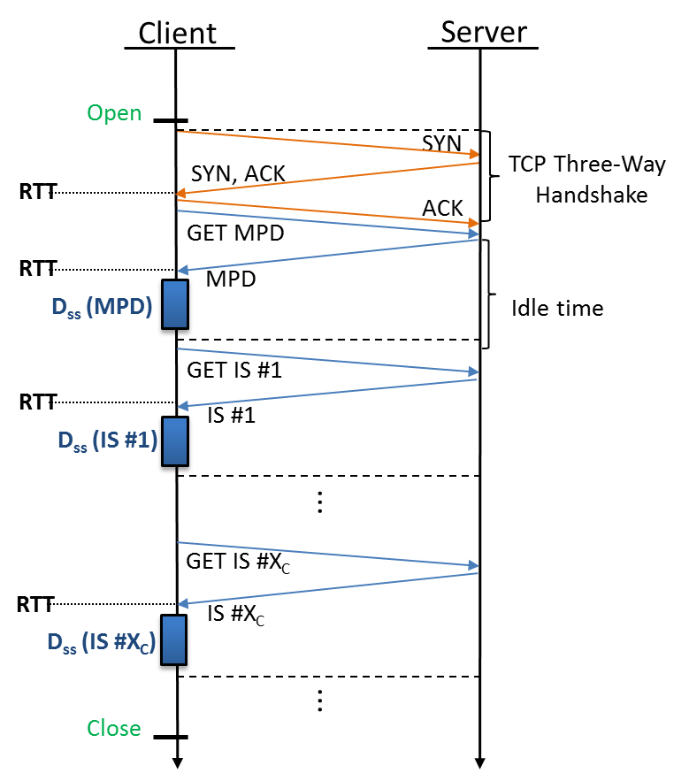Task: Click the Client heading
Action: point(177,33)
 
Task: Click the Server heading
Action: point(484,33)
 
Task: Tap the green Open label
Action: point(114,113)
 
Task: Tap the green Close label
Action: point(114,728)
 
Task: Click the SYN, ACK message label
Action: point(239,173)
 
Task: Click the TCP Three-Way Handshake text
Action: point(579,179)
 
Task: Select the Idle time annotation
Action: point(557,309)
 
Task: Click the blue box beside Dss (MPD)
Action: point(175,304)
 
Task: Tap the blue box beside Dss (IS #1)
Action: point(175,440)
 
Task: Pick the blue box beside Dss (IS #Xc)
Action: point(175,639)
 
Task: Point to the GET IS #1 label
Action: point(233,371)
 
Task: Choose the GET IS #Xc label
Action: point(238,562)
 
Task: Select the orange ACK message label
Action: point(442,208)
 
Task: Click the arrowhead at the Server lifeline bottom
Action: point(480,762)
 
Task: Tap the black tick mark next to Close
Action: point(171,737)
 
